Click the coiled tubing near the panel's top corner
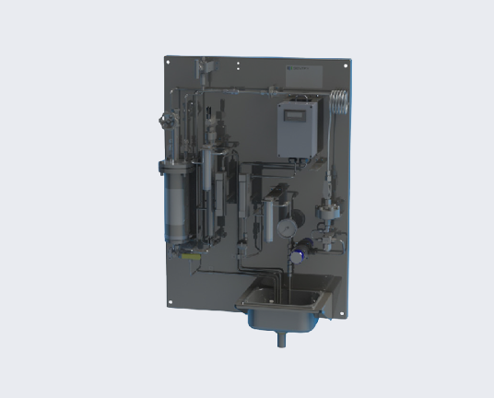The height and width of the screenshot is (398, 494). coord(338,103)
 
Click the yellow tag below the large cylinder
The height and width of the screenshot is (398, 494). coord(187,258)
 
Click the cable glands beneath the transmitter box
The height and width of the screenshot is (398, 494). coord(300,157)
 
